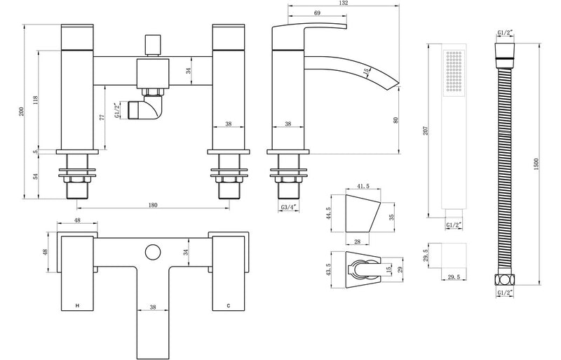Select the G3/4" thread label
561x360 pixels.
pyautogui.click(x=288, y=208)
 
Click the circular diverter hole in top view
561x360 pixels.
pyautogui.click(x=151, y=251)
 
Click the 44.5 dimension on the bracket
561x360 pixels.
pyautogui.click(x=327, y=213)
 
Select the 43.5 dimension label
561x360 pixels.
pyautogui.click(x=327, y=268)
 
